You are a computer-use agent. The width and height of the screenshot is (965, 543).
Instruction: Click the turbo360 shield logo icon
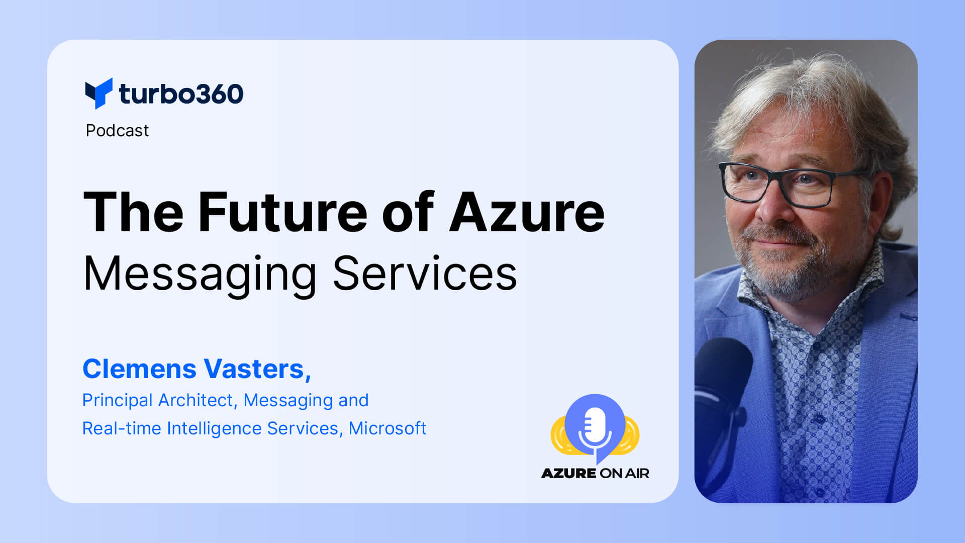(99, 93)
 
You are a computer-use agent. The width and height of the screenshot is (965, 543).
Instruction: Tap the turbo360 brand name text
(181, 94)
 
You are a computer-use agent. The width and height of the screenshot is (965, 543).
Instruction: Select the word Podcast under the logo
(117, 131)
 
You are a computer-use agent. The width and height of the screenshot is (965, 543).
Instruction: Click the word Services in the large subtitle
(425, 274)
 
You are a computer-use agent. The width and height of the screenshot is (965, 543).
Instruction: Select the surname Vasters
(256, 369)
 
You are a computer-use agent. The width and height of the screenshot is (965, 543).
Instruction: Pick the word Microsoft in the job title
(388, 428)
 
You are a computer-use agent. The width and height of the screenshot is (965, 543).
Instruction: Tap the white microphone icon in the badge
(595, 427)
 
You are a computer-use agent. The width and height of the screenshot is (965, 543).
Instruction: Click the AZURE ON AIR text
(595, 473)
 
